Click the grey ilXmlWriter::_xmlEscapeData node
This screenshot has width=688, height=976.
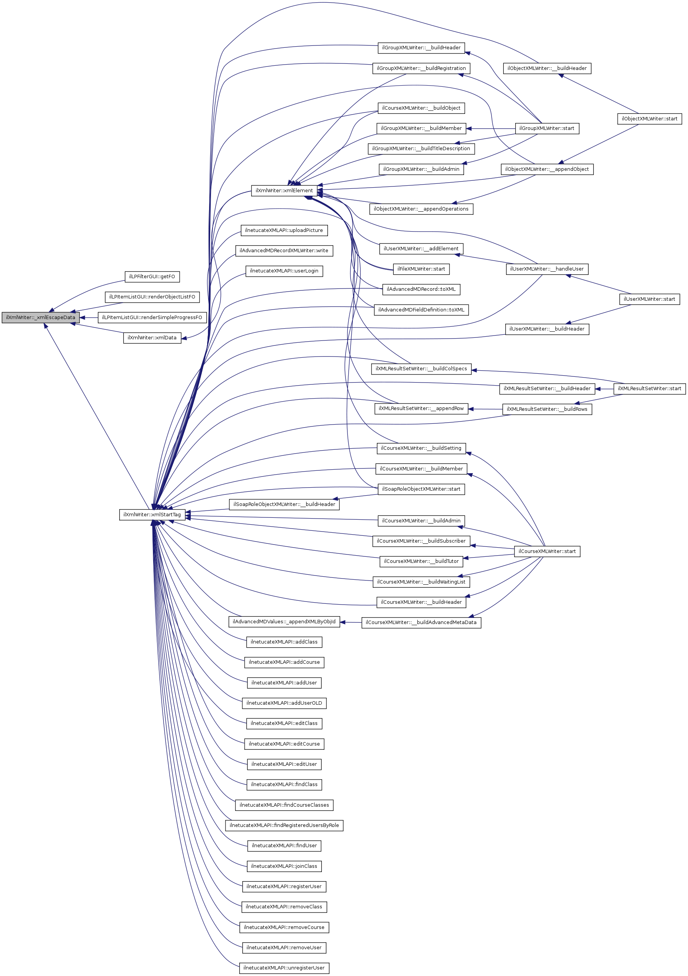[x=41, y=318]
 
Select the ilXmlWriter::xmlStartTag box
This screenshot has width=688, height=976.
[x=152, y=515]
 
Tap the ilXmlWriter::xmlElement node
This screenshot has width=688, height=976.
[x=284, y=191]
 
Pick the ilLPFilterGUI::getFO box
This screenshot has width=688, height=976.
[x=152, y=277]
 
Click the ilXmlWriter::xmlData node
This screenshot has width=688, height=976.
[x=152, y=338]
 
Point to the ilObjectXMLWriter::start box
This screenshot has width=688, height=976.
[x=649, y=119]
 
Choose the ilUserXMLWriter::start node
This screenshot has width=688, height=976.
[x=649, y=299]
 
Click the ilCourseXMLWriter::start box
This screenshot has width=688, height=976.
[x=547, y=552]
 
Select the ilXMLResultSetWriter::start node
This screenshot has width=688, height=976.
[x=649, y=389]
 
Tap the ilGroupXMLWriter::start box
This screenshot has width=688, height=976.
[x=547, y=128]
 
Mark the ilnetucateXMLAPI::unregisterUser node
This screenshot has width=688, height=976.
[x=284, y=968]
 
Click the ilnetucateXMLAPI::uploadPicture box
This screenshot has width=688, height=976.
[x=284, y=230]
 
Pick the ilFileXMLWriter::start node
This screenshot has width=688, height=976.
[x=421, y=269]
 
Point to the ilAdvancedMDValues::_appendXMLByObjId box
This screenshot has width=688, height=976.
[x=284, y=622]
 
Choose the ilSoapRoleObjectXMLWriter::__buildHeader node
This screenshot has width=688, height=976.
[x=284, y=504]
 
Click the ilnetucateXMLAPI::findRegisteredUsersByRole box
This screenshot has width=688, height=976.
[x=284, y=825]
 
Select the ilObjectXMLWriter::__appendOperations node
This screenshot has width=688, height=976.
[x=421, y=209]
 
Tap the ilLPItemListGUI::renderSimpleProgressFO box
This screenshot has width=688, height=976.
[x=152, y=318]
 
